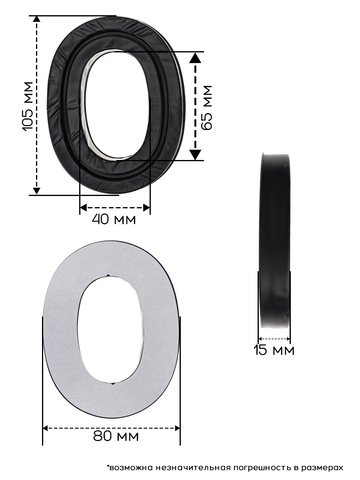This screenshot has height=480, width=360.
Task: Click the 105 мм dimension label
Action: (x=28, y=106)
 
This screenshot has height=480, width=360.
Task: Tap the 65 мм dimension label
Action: (x=207, y=107)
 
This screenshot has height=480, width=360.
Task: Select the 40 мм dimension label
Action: (x=114, y=219)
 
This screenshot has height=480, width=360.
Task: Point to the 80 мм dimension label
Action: (x=116, y=436)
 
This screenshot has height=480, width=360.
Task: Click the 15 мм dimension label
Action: (x=274, y=350)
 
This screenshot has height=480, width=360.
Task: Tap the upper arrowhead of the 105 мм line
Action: (x=37, y=19)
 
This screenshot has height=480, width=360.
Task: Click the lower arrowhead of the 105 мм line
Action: (x=37, y=191)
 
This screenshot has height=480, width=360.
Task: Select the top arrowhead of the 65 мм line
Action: (x=195, y=58)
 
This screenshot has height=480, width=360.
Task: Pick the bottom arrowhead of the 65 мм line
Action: (x=195, y=155)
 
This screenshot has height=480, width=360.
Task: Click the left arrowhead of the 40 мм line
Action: (x=83, y=208)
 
